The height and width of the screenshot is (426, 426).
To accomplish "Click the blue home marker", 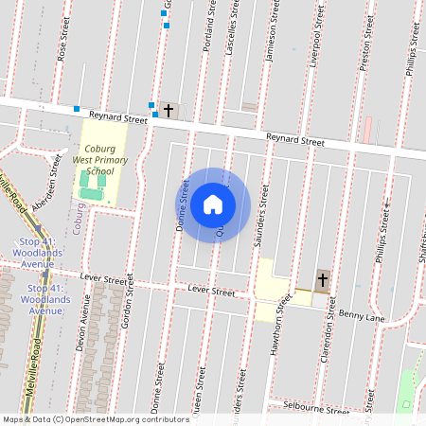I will [213, 204].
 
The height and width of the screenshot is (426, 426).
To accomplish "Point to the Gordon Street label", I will [127, 308].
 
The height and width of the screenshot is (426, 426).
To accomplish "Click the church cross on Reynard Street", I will [169, 111].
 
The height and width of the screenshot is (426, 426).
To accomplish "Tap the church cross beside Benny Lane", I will [323, 280].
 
